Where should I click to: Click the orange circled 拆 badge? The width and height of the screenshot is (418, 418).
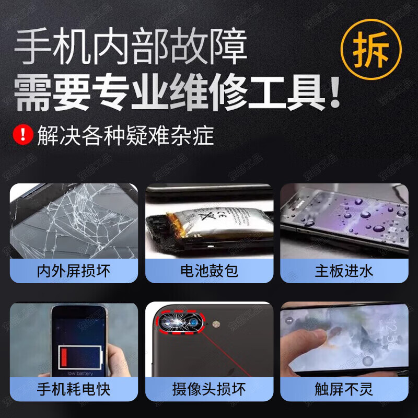pos(371,49)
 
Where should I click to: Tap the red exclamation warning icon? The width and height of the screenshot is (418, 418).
pos(23,135)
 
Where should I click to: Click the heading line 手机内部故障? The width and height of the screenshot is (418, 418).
pos(131,46)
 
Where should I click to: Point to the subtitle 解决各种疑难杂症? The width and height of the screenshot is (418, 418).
pos(125,135)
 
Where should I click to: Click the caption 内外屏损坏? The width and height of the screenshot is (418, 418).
pos(74,271)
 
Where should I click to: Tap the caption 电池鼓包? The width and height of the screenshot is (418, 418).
pos(210,271)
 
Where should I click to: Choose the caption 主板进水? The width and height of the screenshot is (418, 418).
pos(344,271)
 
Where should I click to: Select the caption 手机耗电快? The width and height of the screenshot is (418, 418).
pos(74,389)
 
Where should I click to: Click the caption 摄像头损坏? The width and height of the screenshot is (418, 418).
pos(210,389)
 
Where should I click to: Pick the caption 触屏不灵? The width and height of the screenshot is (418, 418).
pos(344,389)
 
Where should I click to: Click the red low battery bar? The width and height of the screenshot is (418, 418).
pos(64,357)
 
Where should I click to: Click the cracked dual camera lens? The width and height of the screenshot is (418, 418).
pos(180,322)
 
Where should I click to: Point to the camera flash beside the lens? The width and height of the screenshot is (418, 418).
pos(216,324)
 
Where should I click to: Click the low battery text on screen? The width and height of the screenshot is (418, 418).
pos(80,374)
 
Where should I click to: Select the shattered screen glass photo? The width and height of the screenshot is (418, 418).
pos(74,221)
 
